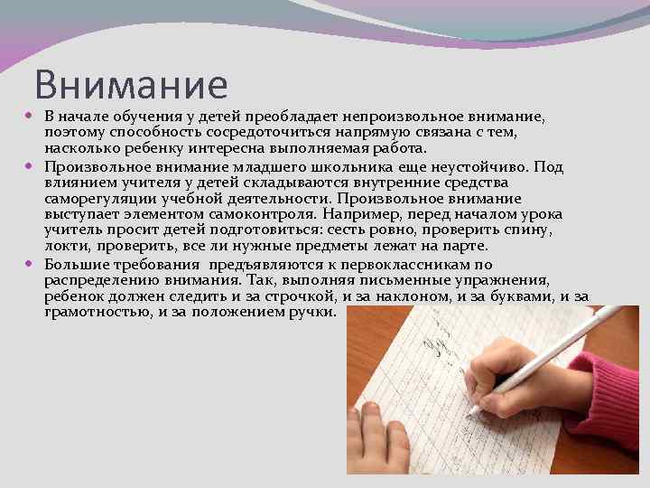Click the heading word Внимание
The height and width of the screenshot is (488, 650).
pos(132,85)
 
